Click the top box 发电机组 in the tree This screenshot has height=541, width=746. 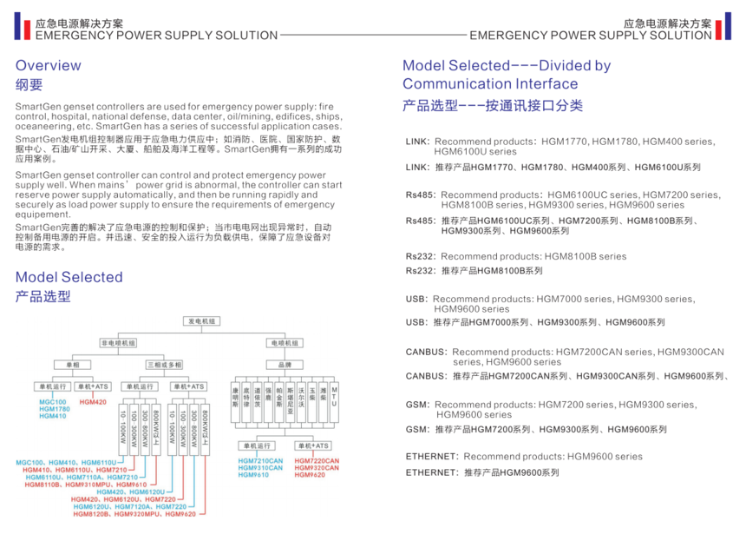202,321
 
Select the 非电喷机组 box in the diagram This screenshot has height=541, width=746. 117,343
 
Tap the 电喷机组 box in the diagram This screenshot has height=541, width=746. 285,343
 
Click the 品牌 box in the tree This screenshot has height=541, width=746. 285,365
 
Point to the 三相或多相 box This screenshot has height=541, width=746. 163,365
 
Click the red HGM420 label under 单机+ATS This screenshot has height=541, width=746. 93,402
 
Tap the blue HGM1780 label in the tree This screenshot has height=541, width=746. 54,409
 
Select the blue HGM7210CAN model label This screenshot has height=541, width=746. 260,460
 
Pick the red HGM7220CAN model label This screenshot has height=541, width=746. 314,460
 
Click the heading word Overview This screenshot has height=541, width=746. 49,65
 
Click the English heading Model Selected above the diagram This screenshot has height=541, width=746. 69,277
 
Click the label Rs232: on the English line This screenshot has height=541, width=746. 421,257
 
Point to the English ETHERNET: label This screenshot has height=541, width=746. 432,457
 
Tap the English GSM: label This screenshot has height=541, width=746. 418,405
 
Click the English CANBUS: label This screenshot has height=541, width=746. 427,352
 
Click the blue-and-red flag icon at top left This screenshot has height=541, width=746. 21,28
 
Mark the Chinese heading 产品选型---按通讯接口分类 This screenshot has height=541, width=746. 493,105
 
